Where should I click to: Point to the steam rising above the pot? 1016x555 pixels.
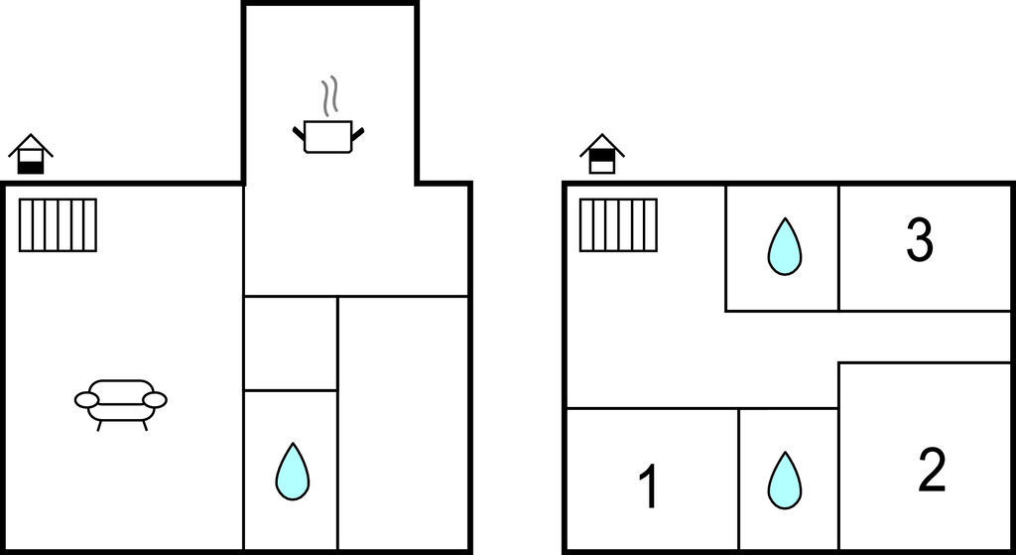(329, 96)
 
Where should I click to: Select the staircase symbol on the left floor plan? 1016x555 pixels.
(58, 225)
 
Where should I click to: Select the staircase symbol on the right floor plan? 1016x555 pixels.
(618, 225)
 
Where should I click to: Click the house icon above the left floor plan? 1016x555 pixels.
(31, 154)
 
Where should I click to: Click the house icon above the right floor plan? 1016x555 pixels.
(602, 154)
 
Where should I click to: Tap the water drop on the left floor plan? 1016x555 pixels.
(293, 472)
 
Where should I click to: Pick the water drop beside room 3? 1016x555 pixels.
(784, 246)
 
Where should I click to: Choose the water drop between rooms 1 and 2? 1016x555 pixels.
(784, 481)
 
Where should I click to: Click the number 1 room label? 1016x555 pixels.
(649, 487)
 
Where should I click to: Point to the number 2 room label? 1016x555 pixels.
(932, 470)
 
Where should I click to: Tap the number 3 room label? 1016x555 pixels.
(920, 240)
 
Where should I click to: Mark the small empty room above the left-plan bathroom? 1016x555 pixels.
(291, 344)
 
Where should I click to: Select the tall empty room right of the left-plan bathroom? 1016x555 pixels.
(403, 423)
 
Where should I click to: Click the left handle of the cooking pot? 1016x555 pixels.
(299, 134)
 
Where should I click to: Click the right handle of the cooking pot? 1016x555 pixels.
(357, 134)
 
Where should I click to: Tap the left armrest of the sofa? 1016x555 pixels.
(87, 400)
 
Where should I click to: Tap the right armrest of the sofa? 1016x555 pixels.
(154, 400)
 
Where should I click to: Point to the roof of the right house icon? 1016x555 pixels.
(602, 145)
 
